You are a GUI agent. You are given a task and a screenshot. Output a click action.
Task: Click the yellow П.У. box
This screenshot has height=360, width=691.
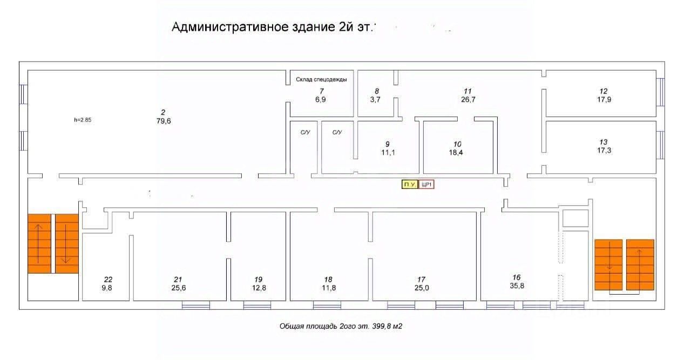(x=409, y=185)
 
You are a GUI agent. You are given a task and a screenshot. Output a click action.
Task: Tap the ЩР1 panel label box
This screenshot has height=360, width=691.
(x=427, y=185)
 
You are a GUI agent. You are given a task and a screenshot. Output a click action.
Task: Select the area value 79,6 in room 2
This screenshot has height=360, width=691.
(x=162, y=121)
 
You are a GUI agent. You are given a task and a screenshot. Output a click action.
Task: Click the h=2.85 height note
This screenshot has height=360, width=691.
(x=83, y=120)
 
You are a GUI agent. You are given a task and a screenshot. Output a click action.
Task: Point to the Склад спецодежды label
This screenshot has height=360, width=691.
(x=321, y=79)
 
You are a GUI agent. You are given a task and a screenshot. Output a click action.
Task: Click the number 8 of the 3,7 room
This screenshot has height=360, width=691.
(x=377, y=91)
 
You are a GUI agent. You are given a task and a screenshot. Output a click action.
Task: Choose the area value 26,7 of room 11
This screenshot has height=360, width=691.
(x=468, y=99)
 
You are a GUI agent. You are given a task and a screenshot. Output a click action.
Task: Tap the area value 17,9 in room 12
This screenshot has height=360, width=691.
(x=604, y=99)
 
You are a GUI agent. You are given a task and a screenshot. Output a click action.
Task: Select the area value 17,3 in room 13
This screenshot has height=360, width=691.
(x=603, y=151)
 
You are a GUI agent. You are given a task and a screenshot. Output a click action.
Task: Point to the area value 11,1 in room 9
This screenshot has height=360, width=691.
(x=388, y=153)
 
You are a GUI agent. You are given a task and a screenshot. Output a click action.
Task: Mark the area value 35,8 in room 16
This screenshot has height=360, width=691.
(x=517, y=286)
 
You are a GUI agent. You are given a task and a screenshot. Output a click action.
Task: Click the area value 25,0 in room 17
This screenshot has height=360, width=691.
(x=422, y=288)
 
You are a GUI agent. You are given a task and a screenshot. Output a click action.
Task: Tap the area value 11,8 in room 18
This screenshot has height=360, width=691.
(x=329, y=288)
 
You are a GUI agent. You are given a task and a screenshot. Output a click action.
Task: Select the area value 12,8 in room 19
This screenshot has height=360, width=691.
(x=259, y=288)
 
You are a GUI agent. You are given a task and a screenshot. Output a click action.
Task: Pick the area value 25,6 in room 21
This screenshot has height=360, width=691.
(x=178, y=288)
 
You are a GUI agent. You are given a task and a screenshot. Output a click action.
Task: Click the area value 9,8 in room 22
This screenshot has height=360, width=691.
(x=108, y=288)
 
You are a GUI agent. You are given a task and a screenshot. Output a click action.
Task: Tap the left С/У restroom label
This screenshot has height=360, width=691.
(x=305, y=132)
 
